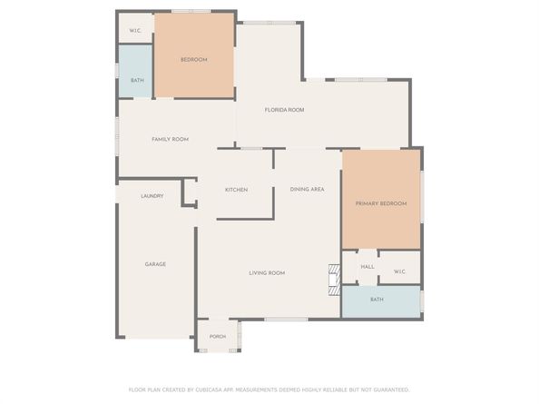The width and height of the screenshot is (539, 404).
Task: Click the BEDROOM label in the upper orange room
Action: pyautogui.click(x=194, y=60)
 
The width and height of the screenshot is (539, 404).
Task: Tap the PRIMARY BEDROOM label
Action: pyautogui.click(x=381, y=203)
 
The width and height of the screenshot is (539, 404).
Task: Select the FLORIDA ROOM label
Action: pyautogui.click(x=284, y=110)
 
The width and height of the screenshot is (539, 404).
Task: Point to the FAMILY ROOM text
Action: pyautogui.click(x=171, y=139)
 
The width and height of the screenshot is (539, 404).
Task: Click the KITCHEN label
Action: pyautogui.click(x=236, y=190)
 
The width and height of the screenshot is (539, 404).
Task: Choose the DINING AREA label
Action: pyautogui.click(x=307, y=189)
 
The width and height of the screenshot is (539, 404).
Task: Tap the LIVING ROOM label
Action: pyautogui.click(x=267, y=273)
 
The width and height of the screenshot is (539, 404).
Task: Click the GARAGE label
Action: pyautogui.click(x=155, y=264)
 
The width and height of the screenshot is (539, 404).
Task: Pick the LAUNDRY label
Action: pyautogui.click(x=152, y=196)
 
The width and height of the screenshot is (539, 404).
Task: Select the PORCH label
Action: pyautogui.click(x=218, y=336)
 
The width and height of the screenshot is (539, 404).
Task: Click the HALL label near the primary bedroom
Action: pyautogui.click(x=367, y=267)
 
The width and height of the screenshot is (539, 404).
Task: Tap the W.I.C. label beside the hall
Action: pyautogui.click(x=399, y=271)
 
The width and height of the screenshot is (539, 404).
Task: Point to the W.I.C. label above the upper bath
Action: pyautogui.click(x=135, y=31)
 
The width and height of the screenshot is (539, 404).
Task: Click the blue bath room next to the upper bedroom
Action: pyautogui.click(x=135, y=71)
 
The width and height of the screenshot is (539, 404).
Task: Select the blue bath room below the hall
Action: pyautogui.click(x=381, y=302)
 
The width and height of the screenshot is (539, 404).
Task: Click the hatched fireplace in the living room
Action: pyautogui.click(x=335, y=280)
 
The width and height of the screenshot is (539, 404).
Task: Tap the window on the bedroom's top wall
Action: pyautogui.click(x=191, y=11)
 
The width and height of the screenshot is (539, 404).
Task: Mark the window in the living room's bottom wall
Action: pyautogui.click(x=286, y=320)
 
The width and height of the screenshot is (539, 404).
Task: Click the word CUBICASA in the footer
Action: pyautogui.click(x=209, y=389)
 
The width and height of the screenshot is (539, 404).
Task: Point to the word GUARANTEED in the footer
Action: pyautogui.click(x=391, y=389)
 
